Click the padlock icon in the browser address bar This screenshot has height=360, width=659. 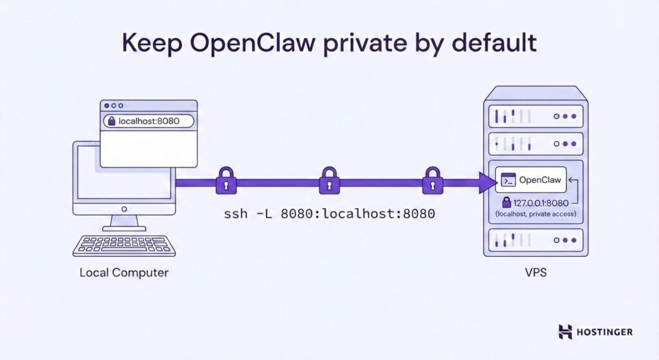pos(111,120)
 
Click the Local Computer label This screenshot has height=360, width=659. pos(124,272)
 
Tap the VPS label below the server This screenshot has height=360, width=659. pos(535,272)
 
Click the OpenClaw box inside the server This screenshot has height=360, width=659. pos(532,181)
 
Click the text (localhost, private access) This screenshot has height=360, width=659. pos(535,213)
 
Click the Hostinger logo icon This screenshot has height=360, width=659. pos(565,332)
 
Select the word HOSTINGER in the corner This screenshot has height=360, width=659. pos(605,332)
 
